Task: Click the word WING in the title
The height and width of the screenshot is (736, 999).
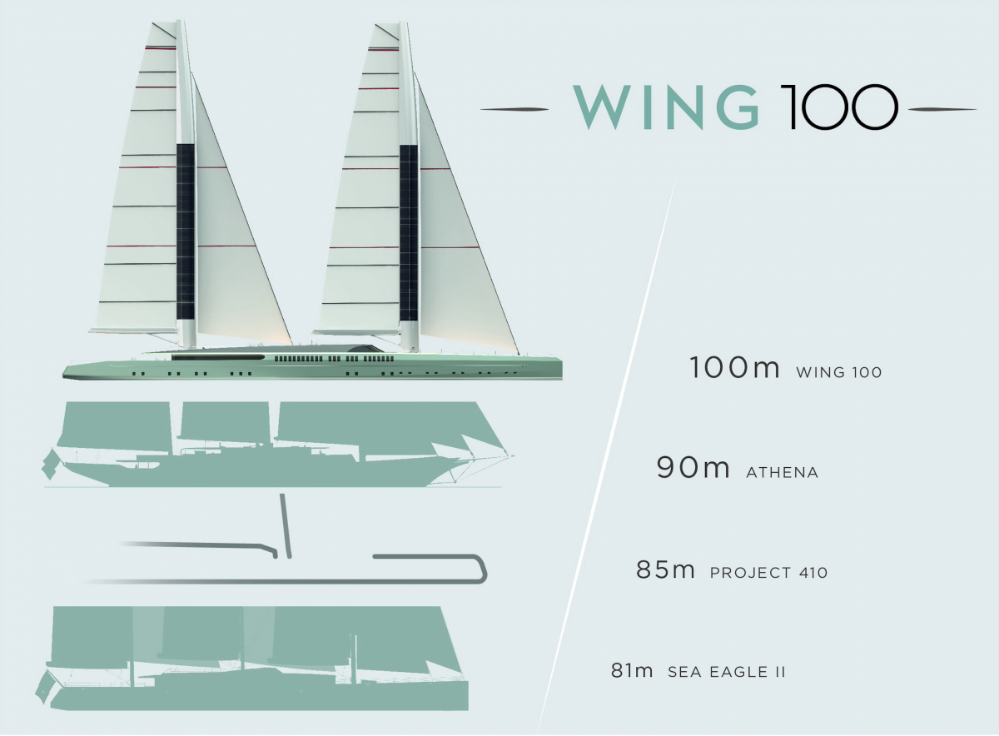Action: [666, 107]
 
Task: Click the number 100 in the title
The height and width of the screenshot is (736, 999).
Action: [839, 107]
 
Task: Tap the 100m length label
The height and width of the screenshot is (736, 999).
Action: [734, 367]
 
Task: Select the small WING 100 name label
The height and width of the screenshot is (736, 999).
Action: [839, 372]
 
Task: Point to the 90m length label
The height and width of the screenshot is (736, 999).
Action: [693, 467]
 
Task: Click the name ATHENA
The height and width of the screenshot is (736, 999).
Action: [783, 472]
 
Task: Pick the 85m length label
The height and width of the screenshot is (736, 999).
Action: [665, 569]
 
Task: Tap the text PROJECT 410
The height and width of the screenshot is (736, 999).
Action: [768, 572]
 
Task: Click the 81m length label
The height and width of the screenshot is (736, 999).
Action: [632, 670]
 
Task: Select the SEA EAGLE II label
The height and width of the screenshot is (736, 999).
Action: [726, 672]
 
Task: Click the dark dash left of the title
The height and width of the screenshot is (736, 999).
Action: [514, 109]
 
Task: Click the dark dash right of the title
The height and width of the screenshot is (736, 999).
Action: [942, 109]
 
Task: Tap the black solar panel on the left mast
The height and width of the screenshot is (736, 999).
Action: [186, 231]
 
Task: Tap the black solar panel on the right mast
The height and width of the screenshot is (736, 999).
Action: [409, 233]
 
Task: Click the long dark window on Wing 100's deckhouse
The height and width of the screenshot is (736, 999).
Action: [218, 357]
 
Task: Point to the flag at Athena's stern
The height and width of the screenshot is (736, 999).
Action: [50, 464]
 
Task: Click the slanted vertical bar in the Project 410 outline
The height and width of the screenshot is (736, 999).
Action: [286, 526]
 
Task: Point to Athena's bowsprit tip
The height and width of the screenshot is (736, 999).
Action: [514, 456]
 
